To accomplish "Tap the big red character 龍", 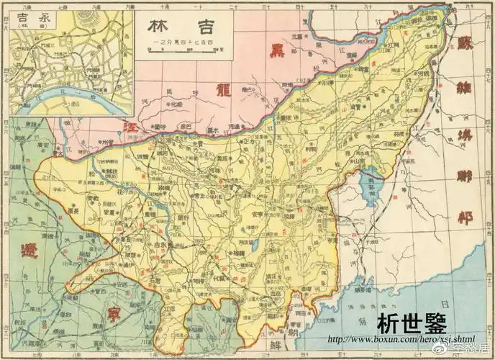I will [x=220, y=90].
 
